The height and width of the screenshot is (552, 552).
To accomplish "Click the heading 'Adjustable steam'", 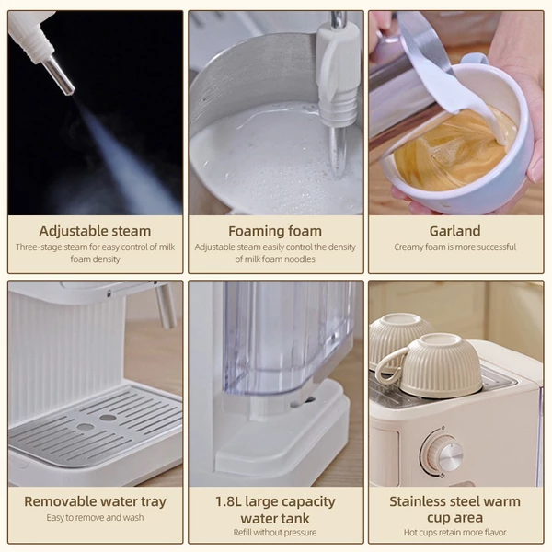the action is pyautogui.click(x=95, y=231).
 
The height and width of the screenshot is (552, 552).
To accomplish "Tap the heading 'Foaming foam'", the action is pyautogui.click(x=275, y=231).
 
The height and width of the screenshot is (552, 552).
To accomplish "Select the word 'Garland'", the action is pyautogui.click(x=454, y=231).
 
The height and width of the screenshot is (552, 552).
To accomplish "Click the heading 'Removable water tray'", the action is pyautogui.click(x=95, y=501).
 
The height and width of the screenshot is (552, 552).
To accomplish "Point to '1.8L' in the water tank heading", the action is pyautogui.click(x=228, y=501).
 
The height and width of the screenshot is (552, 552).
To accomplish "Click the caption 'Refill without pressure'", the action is pyautogui.click(x=275, y=533).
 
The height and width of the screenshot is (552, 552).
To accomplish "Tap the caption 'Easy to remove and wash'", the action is pyautogui.click(x=95, y=517).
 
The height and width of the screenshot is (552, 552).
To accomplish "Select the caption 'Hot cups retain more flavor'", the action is pyautogui.click(x=454, y=533).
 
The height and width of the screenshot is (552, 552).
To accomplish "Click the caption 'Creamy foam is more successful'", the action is pyautogui.click(x=454, y=247).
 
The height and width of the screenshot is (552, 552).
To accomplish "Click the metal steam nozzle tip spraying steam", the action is pyautogui.click(x=61, y=76).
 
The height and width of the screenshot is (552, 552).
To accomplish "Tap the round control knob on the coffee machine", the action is pyautogui.click(x=443, y=454).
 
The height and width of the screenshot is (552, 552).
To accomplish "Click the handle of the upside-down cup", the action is pyautogui.click(x=387, y=366).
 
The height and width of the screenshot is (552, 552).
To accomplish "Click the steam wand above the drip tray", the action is pyautogui.click(x=166, y=305).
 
